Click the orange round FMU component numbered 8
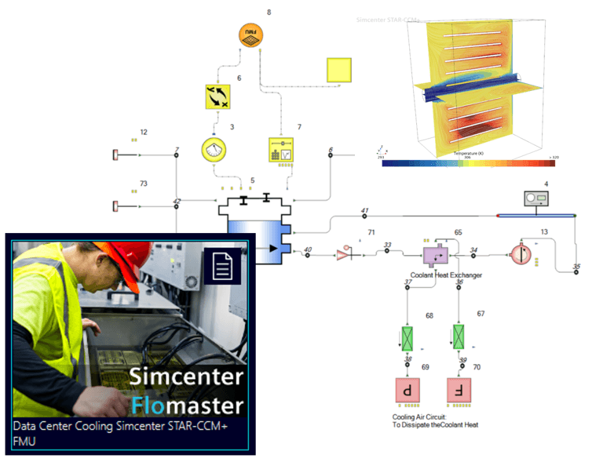(251, 35)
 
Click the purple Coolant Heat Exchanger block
(435, 254)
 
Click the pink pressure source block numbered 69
(407, 389)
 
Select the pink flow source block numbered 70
(460, 389)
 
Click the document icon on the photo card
(223, 266)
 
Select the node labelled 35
(576, 271)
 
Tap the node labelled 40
(307, 254)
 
